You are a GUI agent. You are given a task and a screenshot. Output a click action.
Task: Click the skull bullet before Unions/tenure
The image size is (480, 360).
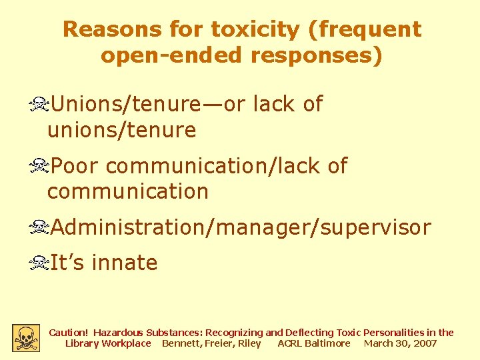click(x=39, y=105)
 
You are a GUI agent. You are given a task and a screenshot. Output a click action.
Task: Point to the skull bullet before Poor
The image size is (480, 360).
click(x=39, y=166)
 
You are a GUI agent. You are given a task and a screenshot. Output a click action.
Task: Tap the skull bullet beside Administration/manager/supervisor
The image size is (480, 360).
click(x=39, y=228)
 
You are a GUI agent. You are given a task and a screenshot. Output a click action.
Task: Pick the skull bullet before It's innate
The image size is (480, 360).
click(x=39, y=263)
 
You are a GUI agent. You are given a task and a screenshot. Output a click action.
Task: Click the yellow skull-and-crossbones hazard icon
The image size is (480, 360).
click(x=26, y=338)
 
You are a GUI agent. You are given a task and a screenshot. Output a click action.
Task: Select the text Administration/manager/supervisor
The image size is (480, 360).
click(x=241, y=227)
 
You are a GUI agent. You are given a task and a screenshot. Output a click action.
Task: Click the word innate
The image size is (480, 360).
click(x=125, y=263)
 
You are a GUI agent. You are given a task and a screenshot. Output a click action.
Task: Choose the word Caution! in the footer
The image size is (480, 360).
click(x=69, y=332)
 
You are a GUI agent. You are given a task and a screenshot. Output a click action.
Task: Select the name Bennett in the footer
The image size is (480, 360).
click(x=181, y=343)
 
